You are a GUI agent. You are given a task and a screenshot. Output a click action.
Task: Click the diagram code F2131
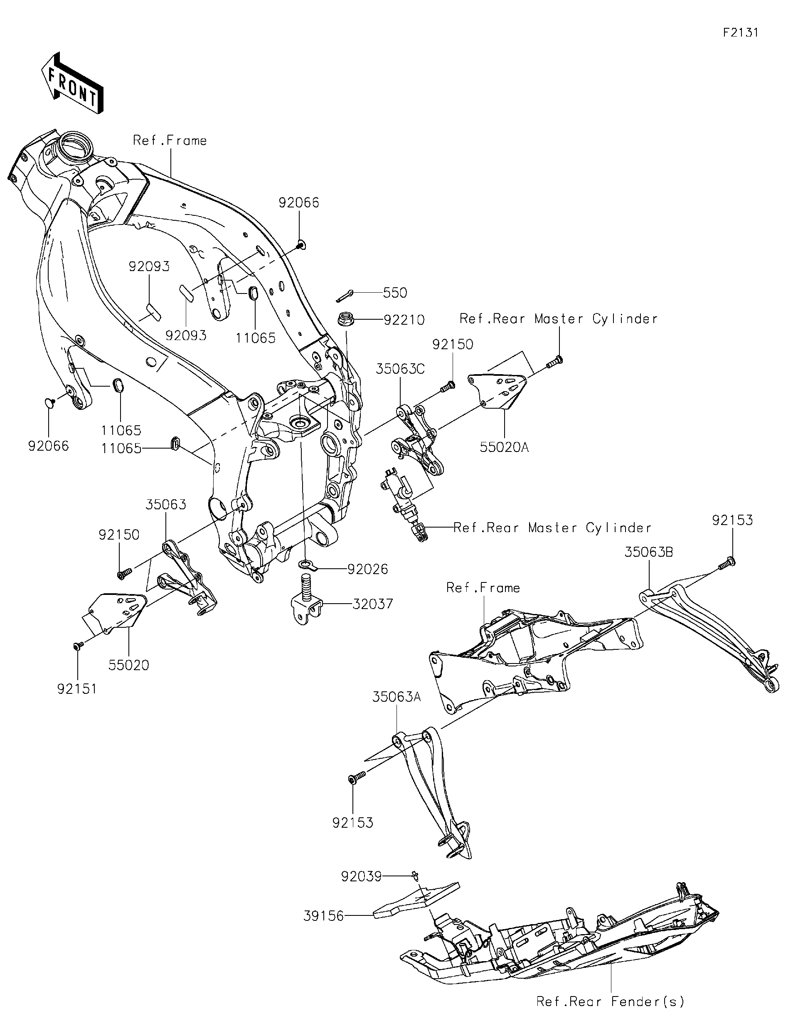tap(740, 32)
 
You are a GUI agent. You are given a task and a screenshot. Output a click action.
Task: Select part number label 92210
tap(404, 320)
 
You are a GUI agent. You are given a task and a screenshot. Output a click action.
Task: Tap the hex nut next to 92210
tap(344, 320)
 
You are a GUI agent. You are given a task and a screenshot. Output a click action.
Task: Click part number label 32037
tap(372, 604)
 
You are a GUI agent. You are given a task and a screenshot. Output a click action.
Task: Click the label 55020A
tap(504, 447)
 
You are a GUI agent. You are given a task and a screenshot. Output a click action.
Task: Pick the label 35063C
tap(400, 369)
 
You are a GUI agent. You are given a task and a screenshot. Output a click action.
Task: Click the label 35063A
tap(397, 697)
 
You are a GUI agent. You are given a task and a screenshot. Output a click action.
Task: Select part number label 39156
tap(323, 916)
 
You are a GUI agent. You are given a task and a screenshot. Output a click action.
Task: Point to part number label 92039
tap(361, 877)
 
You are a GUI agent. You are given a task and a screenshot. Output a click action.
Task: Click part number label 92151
tap(77, 689)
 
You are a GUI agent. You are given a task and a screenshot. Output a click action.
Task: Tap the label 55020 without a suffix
tap(128, 665)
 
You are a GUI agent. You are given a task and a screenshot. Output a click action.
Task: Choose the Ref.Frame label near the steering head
tap(170, 141)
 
